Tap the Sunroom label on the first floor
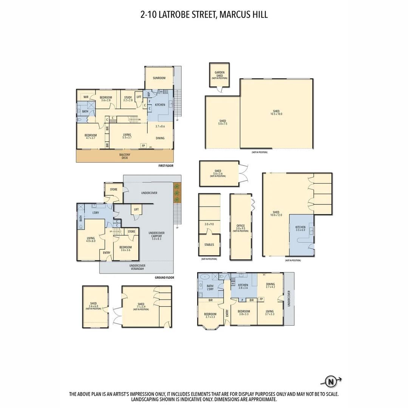[x=159, y=78]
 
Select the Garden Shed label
[x=219, y=74]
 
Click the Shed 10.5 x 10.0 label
[x=276, y=112]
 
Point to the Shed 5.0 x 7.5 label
[x=223, y=122]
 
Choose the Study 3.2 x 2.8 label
[x=128, y=99]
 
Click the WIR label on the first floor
[x=86, y=97]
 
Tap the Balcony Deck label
[x=125, y=156]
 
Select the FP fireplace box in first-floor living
[x=143, y=145]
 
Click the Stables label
[x=209, y=245]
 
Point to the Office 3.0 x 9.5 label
[x=241, y=227]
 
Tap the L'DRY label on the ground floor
[x=96, y=213]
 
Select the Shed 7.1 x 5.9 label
[x=141, y=306]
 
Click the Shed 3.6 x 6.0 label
[x=93, y=306]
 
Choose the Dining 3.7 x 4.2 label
[x=270, y=286]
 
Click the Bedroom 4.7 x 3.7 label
[x=91, y=137]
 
